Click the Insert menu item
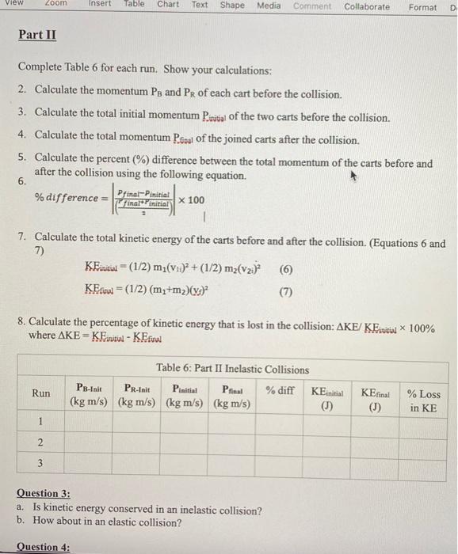click(100, 6)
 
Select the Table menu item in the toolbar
click(134, 6)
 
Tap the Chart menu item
click(167, 6)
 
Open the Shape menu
click(232, 6)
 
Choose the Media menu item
click(269, 6)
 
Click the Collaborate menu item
click(367, 6)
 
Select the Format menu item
click(422, 7)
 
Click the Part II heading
click(37, 36)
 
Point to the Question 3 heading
click(44, 493)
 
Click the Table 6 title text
click(232, 370)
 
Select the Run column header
click(40, 393)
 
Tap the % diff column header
click(280, 389)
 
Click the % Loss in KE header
click(423, 400)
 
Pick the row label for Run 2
click(40, 440)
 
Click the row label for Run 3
click(40, 462)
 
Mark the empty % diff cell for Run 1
click(280, 420)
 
